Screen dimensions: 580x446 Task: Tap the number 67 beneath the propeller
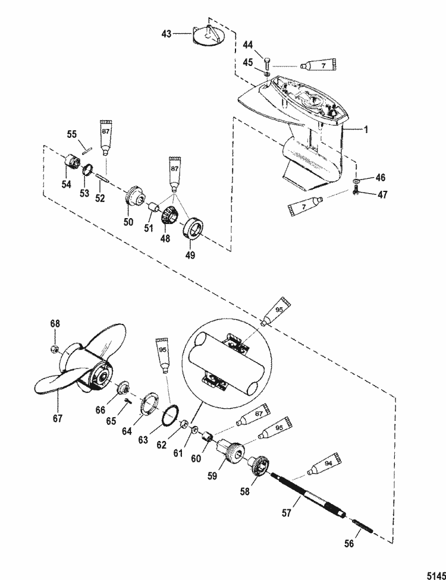57,418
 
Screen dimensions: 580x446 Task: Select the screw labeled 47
357,193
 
